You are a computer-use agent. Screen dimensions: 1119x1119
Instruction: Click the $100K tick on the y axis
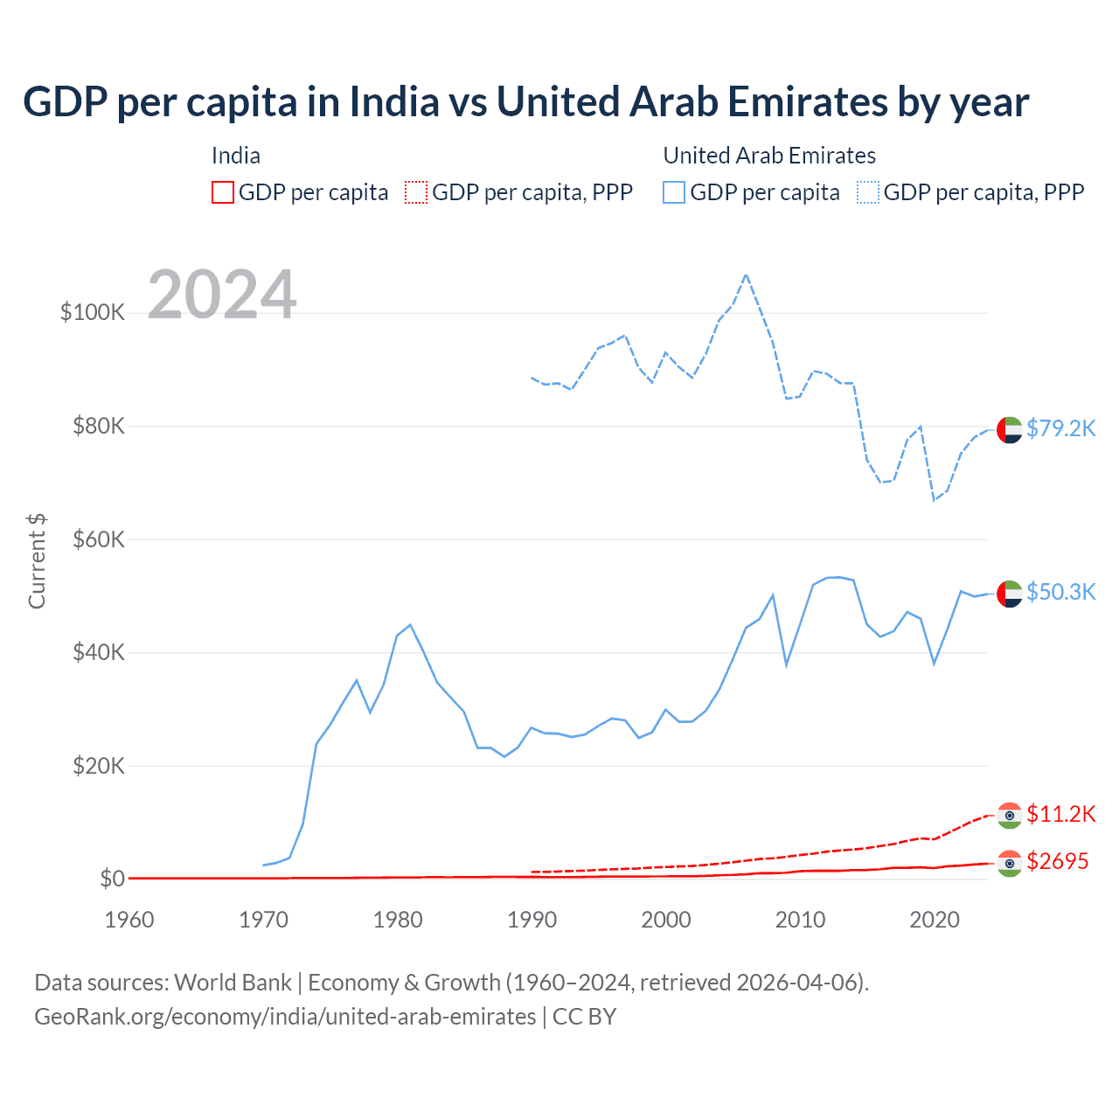93,312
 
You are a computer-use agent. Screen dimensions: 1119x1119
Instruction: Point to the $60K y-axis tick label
99,539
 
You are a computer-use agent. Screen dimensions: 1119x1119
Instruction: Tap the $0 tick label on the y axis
112,879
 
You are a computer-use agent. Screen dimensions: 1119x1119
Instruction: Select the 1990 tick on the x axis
532,920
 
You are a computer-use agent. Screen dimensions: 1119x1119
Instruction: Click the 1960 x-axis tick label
129,920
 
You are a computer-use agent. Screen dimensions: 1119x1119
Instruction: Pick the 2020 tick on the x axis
935,920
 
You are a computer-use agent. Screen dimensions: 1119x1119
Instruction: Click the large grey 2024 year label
222,295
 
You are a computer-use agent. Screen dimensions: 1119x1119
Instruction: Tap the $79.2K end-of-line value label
1060,428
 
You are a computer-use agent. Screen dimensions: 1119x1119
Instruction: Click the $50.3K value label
1060,592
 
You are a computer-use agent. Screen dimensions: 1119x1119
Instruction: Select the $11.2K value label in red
1060,814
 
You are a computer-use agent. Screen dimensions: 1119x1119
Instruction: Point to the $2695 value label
1057,861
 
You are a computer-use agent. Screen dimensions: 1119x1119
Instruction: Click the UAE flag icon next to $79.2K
1009,430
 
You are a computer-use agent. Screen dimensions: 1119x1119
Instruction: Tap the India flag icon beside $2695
1009,864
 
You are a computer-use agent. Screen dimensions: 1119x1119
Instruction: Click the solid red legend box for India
223,192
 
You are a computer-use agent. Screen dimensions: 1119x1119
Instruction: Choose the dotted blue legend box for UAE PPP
868,192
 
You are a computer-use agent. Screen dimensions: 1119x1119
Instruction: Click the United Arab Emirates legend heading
769,156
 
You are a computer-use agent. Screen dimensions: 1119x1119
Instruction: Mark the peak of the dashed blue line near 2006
746,275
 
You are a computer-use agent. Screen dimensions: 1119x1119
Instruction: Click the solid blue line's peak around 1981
410,625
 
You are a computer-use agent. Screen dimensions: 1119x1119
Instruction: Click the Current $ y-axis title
37,561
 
